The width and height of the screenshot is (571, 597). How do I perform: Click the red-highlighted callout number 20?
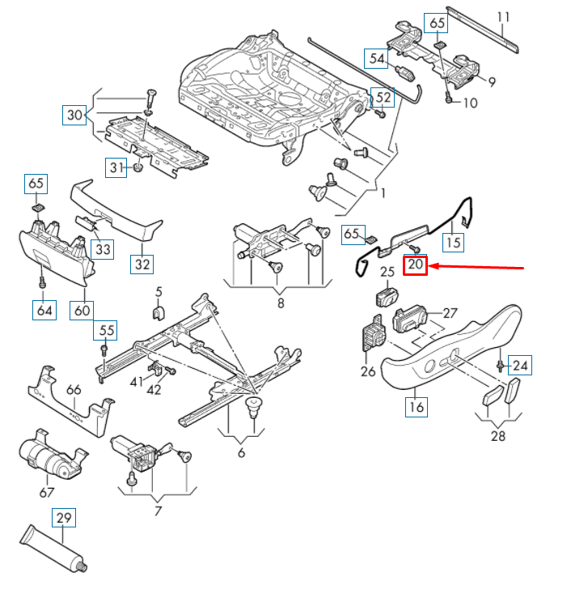point(416,265)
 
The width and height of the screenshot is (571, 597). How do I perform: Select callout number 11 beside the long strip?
point(504,16)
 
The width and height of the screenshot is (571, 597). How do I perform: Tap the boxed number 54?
point(377,58)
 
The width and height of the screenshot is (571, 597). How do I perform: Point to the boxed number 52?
point(382,98)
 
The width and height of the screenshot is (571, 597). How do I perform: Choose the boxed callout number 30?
point(75,116)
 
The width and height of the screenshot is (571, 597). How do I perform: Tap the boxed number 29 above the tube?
point(64,517)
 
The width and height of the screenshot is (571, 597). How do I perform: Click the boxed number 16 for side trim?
point(416,406)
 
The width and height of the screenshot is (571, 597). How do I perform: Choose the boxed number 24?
point(520,366)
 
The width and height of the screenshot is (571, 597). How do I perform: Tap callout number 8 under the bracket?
point(280,304)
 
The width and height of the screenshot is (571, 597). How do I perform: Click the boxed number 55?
point(107,330)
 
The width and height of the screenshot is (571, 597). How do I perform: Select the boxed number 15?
point(453,241)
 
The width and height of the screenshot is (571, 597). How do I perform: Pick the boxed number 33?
point(103,248)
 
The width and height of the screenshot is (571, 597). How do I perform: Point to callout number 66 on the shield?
point(74,390)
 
